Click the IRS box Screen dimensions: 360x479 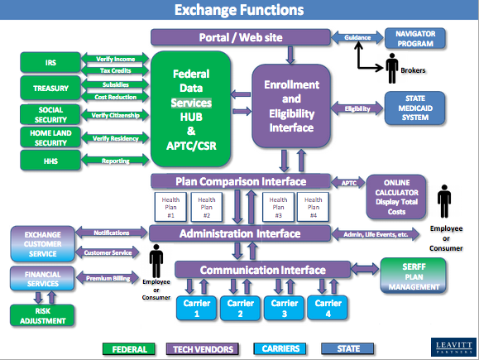click(50, 63)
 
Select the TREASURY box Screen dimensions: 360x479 click(50, 87)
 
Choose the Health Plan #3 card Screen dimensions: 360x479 click(277, 205)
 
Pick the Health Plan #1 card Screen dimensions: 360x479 click(171, 205)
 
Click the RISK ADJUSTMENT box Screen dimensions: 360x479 click(41, 314)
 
